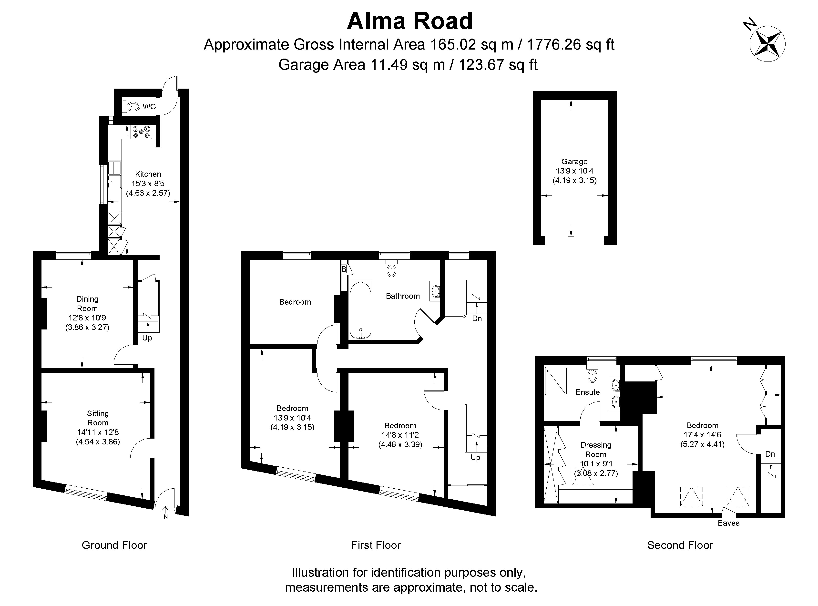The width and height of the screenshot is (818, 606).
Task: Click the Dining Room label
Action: [87, 304]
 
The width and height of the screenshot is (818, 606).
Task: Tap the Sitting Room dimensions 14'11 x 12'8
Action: [98, 432]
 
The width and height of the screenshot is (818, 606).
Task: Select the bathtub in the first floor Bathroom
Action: [361, 310]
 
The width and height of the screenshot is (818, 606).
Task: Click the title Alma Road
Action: [410, 21]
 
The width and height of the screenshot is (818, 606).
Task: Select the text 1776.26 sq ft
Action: [570, 45]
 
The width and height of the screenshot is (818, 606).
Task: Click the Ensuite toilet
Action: [592, 375]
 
